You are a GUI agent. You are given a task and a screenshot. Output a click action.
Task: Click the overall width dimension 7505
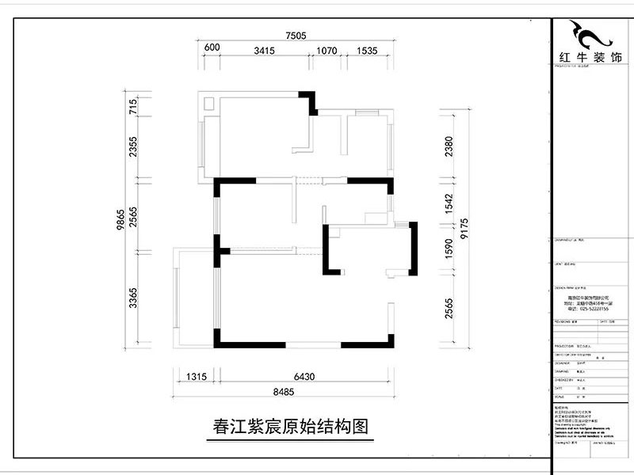tap(296, 35)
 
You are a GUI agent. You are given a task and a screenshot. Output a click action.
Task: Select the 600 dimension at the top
tap(212, 48)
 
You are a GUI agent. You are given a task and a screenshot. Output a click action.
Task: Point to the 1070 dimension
tap(327, 50)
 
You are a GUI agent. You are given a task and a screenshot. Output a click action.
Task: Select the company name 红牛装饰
tap(590, 59)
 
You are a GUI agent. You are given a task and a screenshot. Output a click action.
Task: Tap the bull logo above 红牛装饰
tap(590, 34)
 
